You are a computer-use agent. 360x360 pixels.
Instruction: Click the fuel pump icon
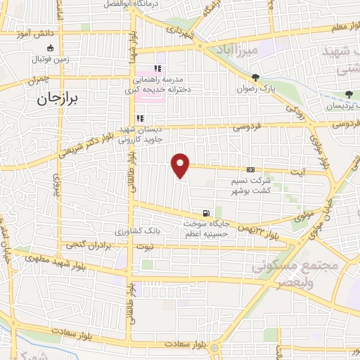pyautogui.click(x=205, y=213)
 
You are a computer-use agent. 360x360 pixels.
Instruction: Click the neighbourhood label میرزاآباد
pyautogui.click(x=258, y=51)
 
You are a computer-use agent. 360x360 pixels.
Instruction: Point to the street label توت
pyautogui.click(x=145, y=247)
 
